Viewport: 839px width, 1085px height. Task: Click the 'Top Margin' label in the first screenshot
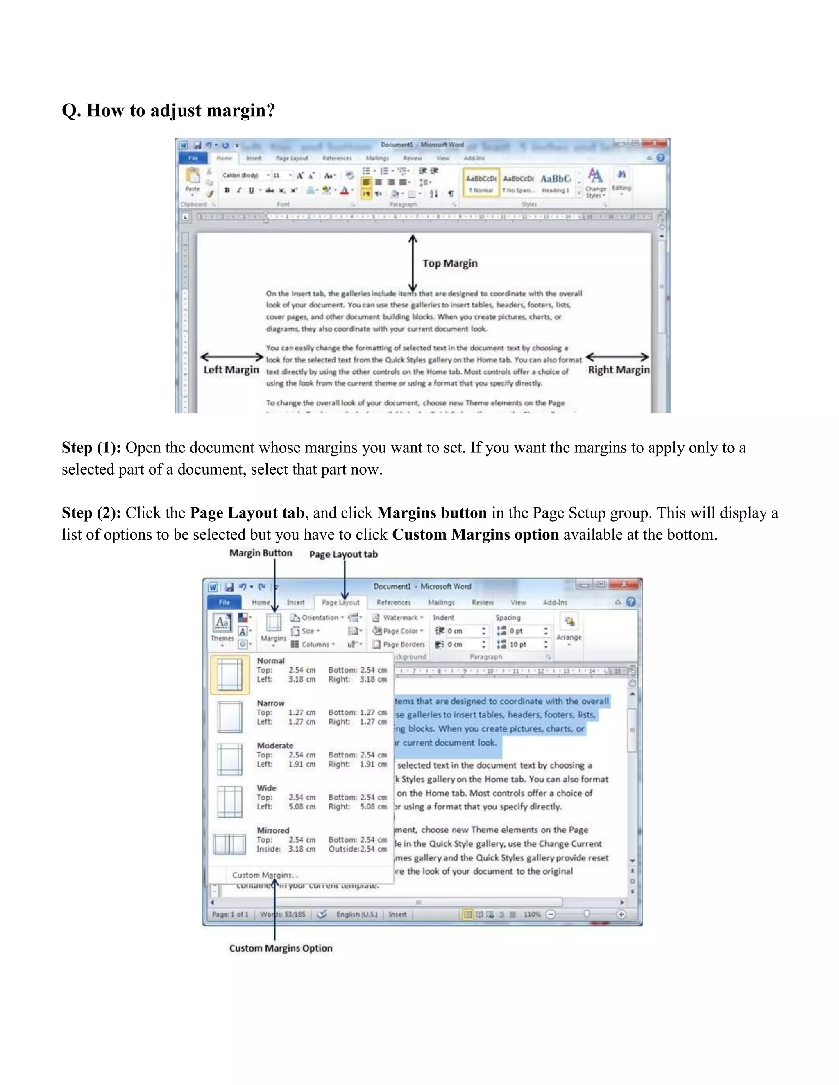tap(449, 263)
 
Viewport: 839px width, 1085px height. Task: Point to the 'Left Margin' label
tap(231, 370)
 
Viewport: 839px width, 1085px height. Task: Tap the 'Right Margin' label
tap(618, 370)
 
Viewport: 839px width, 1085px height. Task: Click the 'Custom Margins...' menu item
tap(265, 875)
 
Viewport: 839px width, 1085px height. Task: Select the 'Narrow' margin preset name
tap(270, 703)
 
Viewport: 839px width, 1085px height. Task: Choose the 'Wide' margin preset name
tap(266, 788)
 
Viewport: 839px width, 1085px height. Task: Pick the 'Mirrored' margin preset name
tap(273, 830)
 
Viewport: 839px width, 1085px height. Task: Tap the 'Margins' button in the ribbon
tap(273, 628)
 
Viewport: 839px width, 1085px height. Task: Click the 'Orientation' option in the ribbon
tap(319, 617)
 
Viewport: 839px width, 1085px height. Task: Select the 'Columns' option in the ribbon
tap(315, 644)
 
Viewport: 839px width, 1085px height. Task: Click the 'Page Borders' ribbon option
tap(403, 644)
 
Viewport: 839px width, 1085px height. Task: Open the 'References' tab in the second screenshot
tap(394, 602)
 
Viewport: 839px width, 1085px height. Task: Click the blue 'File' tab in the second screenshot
tap(224, 602)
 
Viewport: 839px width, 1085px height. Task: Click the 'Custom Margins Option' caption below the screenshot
tap(281, 948)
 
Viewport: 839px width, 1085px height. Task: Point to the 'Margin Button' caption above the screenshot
tap(261, 553)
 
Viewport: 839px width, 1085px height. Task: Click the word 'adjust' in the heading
tap(175, 110)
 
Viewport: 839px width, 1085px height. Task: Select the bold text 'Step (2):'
tap(91, 513)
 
